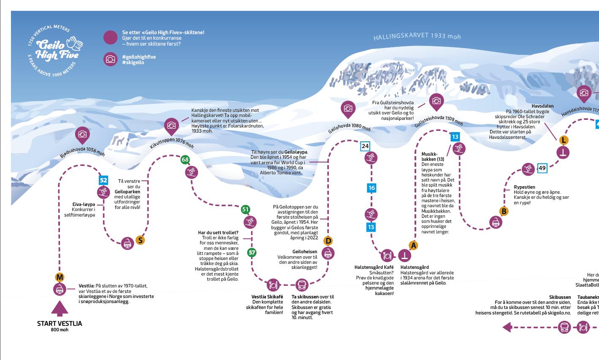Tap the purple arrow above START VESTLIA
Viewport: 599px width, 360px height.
[x=60, y=309]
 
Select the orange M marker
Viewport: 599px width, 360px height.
[x=60, y=277]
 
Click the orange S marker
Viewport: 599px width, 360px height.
[x=140, y=241]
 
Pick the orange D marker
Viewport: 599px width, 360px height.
[x=328, y=241]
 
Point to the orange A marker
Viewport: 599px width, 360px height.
[x=414, y=245]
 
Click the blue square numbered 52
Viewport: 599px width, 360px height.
[x=103, y=181]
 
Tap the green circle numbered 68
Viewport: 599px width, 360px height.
[x=185, y=160]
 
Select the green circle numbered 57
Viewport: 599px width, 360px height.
[x=252, y=253]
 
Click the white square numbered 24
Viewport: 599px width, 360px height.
[x=365, y=146]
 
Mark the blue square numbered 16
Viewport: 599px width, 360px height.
[x=371, y=188]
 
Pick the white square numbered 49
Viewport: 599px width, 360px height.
[x=542, y=168]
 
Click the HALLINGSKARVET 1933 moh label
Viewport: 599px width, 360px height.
[x=417, y=36]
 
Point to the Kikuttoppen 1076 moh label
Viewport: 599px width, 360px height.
[x=172, y=143]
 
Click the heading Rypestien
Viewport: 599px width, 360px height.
[x=524, y=187]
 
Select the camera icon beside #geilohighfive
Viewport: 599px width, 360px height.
[x=111, y=60]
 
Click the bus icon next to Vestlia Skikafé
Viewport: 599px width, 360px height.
[x=301, y=285]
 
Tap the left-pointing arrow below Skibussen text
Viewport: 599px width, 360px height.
[x=507, y=327]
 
